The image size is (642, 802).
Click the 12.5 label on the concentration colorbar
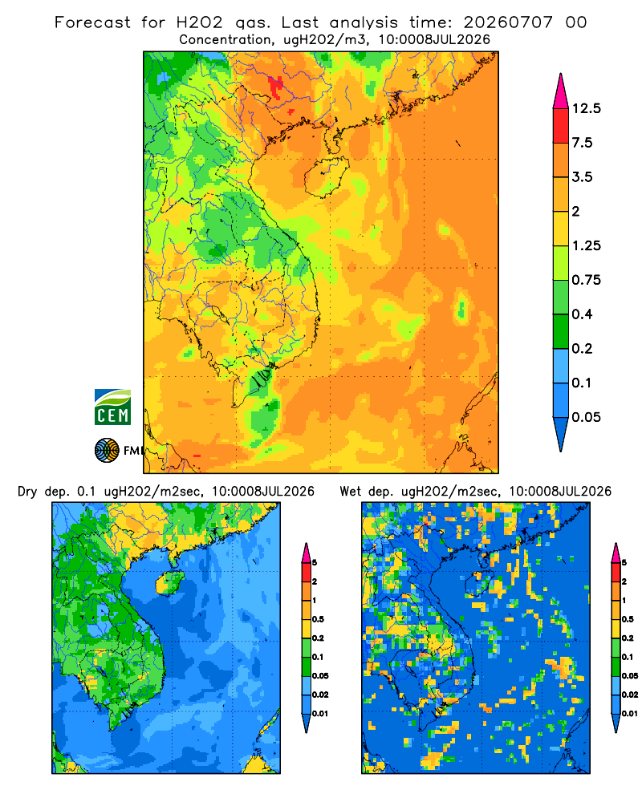[x=586, y=108]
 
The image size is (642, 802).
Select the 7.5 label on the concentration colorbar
[x=582, y=143]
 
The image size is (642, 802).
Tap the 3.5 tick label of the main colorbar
[x=582, y=177]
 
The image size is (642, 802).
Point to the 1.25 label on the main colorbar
[x=586, y=245]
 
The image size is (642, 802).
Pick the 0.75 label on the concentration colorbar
[x=586, y=280]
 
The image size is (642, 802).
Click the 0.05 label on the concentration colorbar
[x=586, y=417]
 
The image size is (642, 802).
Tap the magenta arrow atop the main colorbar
[x=561, y=92]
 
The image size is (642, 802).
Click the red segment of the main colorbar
[x=561, y=126]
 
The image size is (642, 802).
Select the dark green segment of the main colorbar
[x=561, y=331]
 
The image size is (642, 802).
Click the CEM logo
[x=112, y=407]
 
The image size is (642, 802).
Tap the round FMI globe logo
[x=107, y=450]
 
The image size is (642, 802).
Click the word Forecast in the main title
[x=92, y=22]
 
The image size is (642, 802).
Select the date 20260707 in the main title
[x=508, y=22]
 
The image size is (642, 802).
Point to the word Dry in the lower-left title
[x=27, y=492]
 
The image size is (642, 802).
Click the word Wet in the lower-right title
[x=351, y=492]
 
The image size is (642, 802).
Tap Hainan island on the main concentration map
[x=327, y=177]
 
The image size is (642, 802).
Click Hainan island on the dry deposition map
[x=169, y=583]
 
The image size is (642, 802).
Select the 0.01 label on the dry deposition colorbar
[x=320, y=714]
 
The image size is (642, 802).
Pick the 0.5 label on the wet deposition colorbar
[x=627, y=619]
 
